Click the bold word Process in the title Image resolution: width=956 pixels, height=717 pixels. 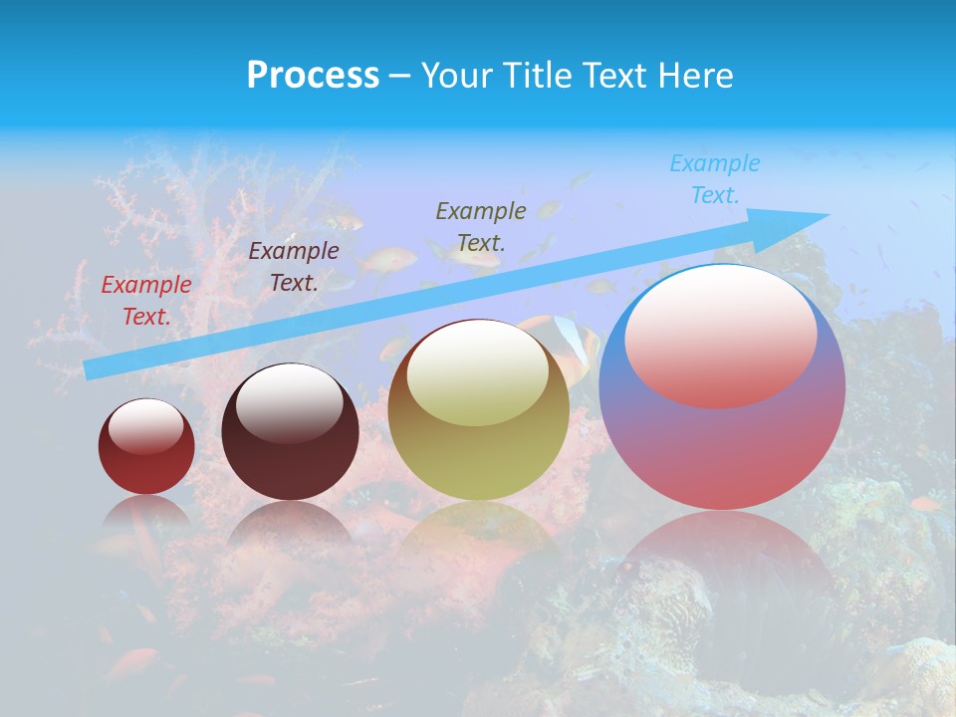click(x=313, y=76)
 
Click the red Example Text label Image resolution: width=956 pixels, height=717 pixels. click(x=146, y=301)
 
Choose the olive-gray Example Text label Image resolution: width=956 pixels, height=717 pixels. click(x=481, y=226)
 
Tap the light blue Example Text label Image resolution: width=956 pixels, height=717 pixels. click(x=715, y=179)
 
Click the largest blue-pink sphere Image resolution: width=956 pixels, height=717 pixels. click(x=722, y=448)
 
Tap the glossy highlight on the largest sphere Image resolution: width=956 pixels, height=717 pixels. click(x=721, y=335)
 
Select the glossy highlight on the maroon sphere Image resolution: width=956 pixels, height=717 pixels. click(x=290, y=401)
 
